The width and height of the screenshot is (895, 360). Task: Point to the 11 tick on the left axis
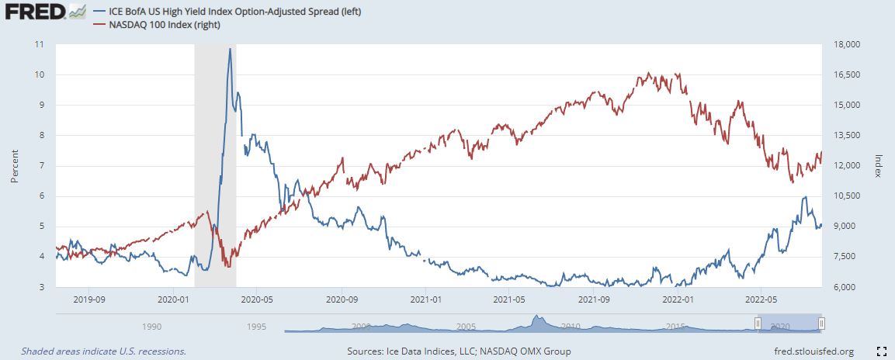[x=40, y=44]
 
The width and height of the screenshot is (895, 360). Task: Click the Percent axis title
[x=15, y=165]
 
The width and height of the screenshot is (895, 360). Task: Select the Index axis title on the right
[x=878, y=165]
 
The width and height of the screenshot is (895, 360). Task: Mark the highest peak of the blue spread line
[x=230, y=49]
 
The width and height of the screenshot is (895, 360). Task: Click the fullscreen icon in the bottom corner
[x=881, y=351]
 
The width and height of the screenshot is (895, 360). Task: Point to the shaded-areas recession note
[x=103, y=351]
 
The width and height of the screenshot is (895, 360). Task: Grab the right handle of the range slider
[x=821, y=324]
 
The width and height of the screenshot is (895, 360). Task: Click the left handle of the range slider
[x=758, y=324]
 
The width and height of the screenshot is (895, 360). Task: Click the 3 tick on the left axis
[x=41, y=287]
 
